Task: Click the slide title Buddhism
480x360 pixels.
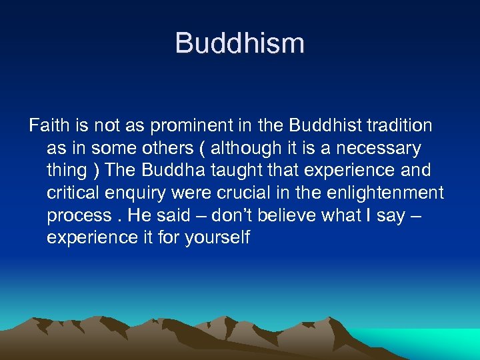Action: [239, 43]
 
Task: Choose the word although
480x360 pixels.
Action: [245, 148]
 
